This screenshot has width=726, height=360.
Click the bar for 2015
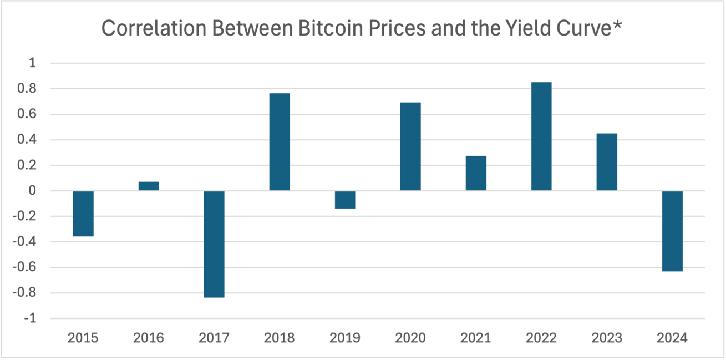(83, 214)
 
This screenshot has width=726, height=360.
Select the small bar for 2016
(149, 186)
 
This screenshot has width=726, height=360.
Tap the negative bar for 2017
(214, 244)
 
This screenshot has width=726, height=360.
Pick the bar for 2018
(280, 142)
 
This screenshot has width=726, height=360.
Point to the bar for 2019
(345, 200)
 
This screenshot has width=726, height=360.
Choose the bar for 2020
(410, 146)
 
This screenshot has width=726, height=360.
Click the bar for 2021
(476, 173)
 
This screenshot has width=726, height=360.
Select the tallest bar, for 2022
(541, 136)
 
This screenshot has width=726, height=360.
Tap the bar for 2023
(607, 162)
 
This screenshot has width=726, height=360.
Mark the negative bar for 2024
(672, 231)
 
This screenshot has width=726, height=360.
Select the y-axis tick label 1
(32, 63)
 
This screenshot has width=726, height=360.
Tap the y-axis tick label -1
(29, 319)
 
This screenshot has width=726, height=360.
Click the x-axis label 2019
(345, 338)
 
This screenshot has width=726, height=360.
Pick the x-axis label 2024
(672, 338)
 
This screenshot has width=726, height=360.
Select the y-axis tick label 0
(32, 191)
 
